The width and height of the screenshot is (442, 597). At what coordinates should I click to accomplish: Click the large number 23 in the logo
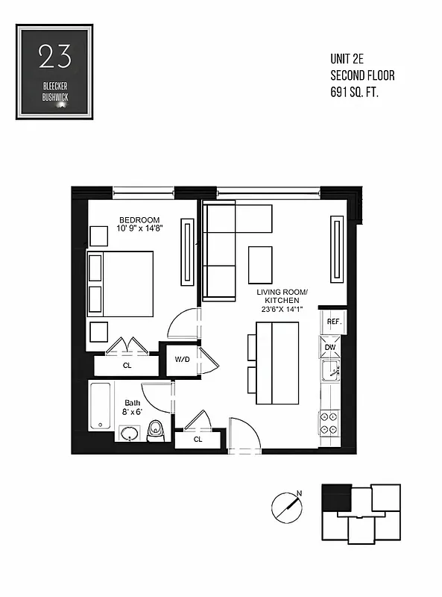click(54, 57)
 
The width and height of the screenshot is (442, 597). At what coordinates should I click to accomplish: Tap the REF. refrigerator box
click(334, 322)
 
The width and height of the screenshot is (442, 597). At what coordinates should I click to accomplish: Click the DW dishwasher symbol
click(329, 348)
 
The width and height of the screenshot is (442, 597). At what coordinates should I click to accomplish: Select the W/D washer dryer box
click(183, 360)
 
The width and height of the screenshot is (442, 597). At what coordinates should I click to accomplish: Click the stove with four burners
click(329, 424)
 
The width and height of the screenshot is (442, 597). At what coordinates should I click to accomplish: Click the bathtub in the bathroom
click(101, 406)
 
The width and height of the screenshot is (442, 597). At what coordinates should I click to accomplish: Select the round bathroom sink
click(130, 434)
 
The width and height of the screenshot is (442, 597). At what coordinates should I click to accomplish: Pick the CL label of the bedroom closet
click(127, 366)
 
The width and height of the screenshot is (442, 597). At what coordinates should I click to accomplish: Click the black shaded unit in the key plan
click(336, 496)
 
